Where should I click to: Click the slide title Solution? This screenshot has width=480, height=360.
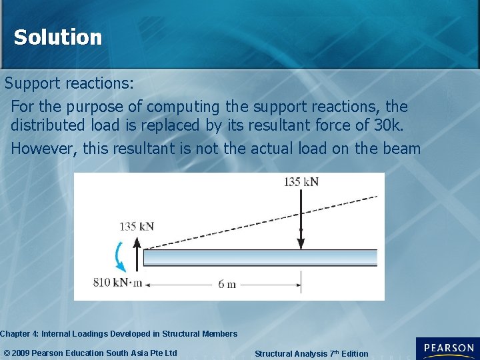(x=58, y=37)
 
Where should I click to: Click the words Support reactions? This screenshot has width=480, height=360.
(x=69, y=84)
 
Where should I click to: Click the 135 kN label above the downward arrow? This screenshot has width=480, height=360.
(x=301, y=181)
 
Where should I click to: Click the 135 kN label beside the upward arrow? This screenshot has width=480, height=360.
(x=136, y=226)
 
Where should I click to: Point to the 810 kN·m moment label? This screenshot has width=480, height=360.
(x=117, y=282)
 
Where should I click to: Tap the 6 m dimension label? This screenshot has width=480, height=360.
(x=227, y=284)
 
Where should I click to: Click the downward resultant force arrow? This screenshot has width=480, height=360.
(x=301, y=220)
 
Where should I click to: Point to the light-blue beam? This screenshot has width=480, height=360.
(x=260, y=257)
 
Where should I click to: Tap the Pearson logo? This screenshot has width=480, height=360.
(x=447, y=349)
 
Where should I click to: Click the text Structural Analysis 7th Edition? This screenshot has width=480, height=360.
(x=311, y=353)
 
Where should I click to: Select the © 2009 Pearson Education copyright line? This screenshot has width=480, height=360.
(x=90, y=353)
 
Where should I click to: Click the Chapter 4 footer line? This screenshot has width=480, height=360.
(x=118, y=333)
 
